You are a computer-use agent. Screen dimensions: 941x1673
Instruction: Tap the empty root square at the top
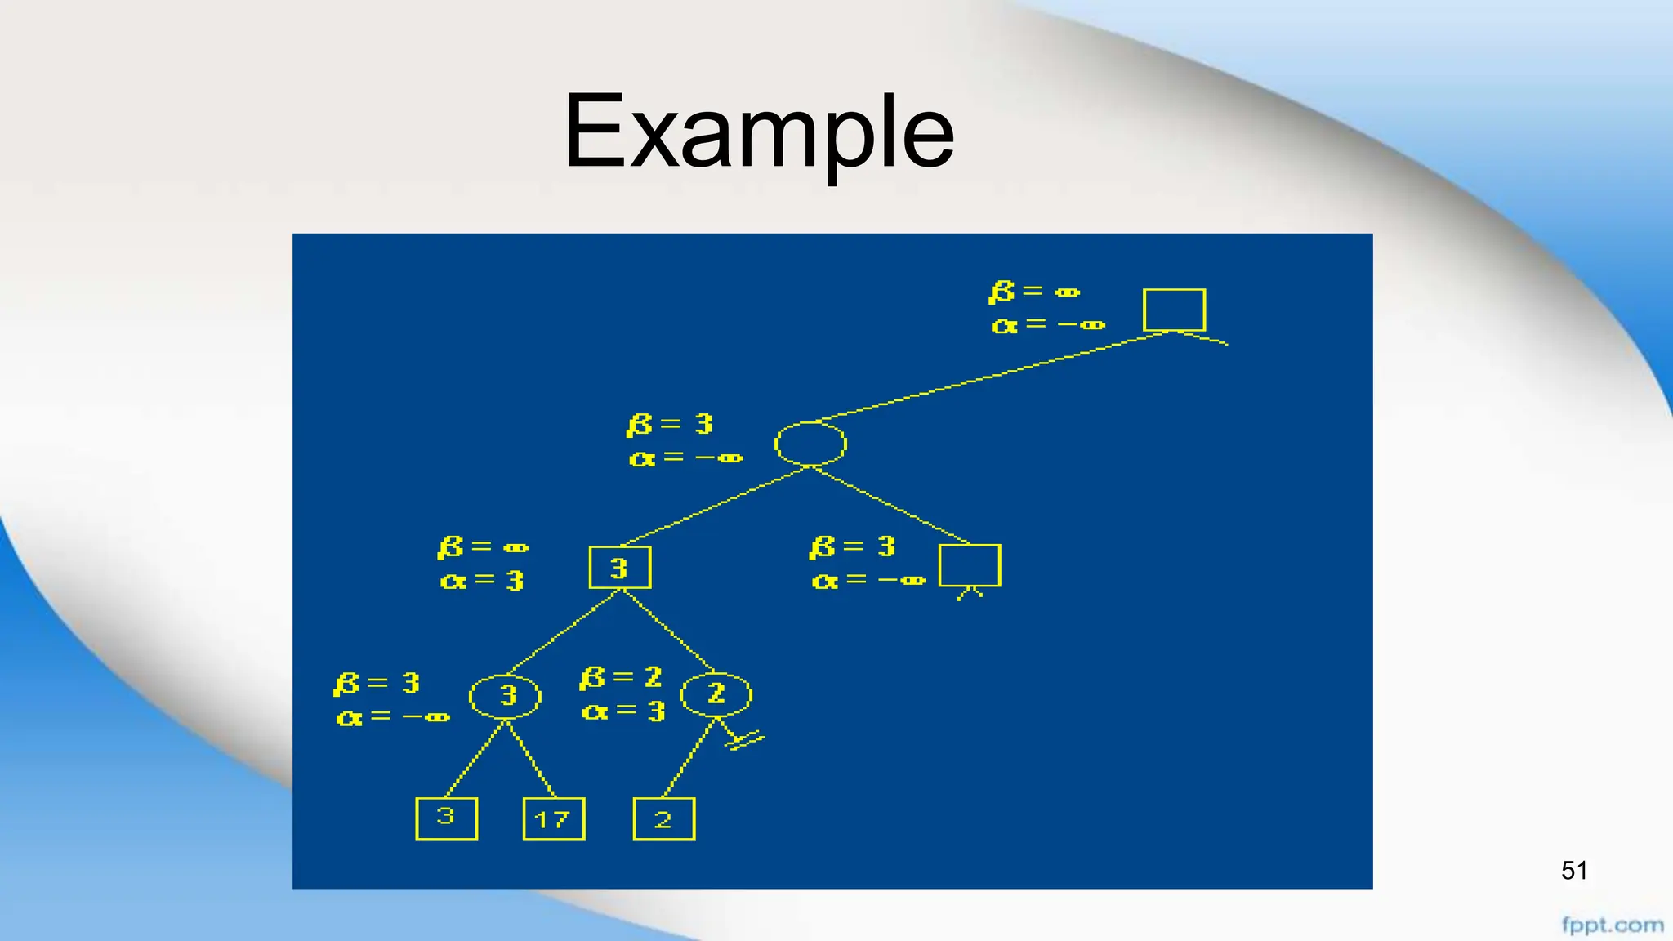click(x=1174, y=310)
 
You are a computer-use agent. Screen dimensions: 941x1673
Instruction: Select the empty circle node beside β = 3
click(x=810, y=444)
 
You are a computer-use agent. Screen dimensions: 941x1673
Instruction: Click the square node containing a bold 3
click(x=619, y=567)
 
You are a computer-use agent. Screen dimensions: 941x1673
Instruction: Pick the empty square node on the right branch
click(x=970, y=565)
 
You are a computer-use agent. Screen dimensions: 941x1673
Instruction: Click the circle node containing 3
click(x=505, y=696)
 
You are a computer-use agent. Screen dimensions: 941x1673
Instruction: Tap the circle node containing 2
click(x=716, y=694)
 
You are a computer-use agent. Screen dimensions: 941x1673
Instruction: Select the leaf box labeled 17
click(x=553, y=818)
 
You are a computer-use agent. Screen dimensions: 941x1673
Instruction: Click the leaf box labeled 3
click(x=446, y=818)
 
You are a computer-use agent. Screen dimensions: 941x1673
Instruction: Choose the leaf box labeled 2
click(x=663, y=818)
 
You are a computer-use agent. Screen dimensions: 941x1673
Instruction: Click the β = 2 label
click(x=621, y=677)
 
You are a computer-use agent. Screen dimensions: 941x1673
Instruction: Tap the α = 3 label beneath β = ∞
click(x=482, y=581)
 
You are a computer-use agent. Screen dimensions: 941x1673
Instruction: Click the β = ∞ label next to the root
click(x=1034, y=291)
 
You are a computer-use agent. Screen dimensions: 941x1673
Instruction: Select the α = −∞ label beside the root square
click(x=1048, y=324)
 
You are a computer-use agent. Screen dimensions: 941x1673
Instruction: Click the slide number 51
click(x=1573, y=871)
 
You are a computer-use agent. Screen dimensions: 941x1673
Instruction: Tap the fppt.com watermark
click(x=1612, y=925)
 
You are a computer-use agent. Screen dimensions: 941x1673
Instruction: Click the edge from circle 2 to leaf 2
click(x=690, y=757)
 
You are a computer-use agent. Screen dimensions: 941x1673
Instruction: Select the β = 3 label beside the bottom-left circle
click(x=377, y=683)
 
